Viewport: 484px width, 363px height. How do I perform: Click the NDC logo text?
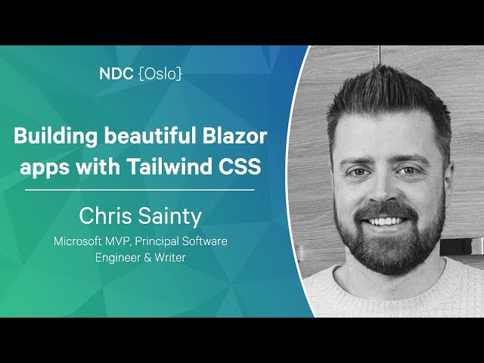coord(116,74)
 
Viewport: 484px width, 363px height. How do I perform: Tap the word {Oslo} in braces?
coord(160,74)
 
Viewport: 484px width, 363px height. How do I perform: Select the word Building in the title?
coord(55,136)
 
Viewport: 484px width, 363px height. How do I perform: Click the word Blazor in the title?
coord(234,135)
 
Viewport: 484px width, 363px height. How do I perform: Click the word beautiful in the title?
coord(150,135)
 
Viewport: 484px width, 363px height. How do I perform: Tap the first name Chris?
coord(105,216)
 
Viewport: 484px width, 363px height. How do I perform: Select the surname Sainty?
coord(169,216)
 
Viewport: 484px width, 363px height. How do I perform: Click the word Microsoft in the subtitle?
coord(78,241)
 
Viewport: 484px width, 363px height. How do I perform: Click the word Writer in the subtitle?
coord(170,257)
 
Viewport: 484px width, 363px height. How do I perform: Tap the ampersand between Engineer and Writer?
coord(147,258)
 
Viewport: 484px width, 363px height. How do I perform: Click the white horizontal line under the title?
coord(140,190)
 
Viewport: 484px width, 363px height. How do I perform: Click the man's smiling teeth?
coord(385,221)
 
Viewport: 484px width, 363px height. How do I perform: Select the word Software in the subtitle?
coord(204,241)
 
